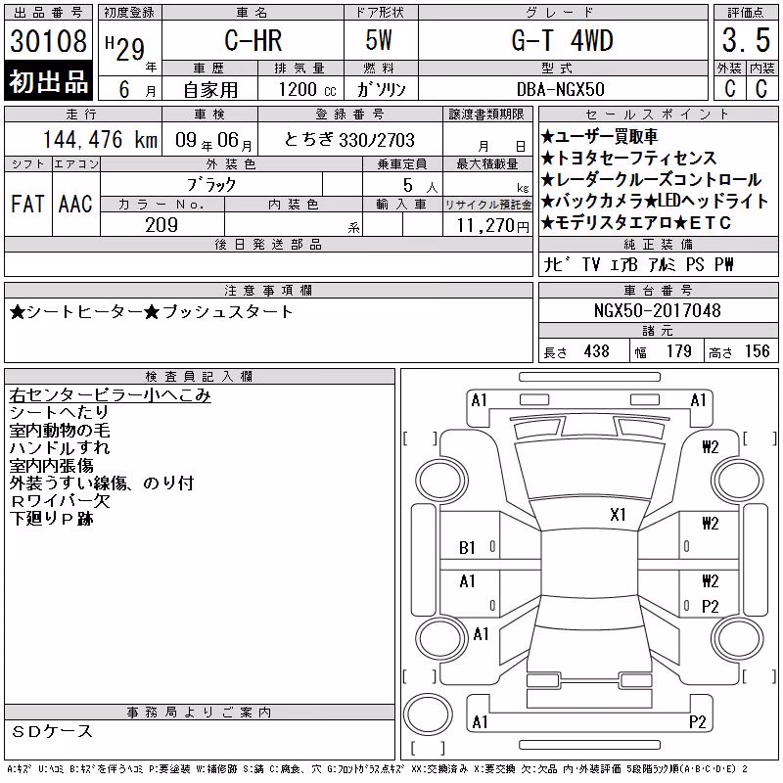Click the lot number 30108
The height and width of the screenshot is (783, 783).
tap(48, 41)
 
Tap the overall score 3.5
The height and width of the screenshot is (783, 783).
tap(746, 40)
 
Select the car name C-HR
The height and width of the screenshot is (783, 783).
tap(253, 40)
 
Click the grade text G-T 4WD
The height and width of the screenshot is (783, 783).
tap(562, 40)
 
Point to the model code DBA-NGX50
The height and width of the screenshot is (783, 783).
tap(560, 89)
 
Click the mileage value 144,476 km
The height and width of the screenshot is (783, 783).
tap(100, 139)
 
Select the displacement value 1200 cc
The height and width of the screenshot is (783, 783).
tap(307, 89)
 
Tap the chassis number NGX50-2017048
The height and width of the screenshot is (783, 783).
tap(657, 310)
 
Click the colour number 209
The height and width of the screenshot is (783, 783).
tap(161, 225)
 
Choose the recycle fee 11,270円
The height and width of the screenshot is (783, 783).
tap(492, 226)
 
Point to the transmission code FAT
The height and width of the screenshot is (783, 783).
tap(27, 204)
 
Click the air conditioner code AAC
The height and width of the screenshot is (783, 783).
tap(75, 204)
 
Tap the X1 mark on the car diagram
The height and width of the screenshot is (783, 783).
tap(618, 515)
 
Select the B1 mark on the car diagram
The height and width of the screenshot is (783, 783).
tap(467, 548)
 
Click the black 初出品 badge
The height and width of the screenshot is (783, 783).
tap(48, 80)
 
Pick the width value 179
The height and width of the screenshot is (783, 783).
tap(678, 351)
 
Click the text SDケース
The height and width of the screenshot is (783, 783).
tap(52, 731)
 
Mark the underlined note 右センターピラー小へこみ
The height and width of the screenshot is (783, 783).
tap(110, 395)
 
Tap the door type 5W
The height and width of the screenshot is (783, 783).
tap(379, 40)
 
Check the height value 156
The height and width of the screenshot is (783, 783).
tap(757, 351)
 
